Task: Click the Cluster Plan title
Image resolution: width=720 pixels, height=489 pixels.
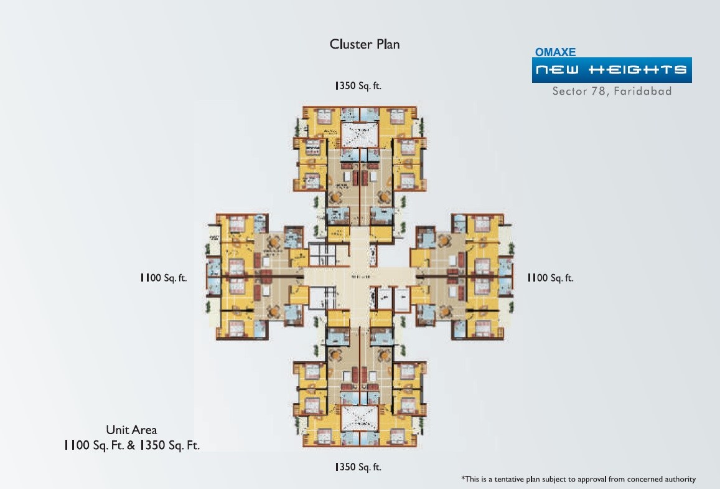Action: [364, 44]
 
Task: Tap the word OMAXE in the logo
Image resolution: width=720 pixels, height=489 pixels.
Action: [556, 53]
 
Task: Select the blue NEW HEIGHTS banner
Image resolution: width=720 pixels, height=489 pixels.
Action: [612, 70]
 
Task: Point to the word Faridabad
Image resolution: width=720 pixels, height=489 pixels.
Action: [643, 91]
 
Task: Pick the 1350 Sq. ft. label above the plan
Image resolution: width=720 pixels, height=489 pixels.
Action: [358, 86]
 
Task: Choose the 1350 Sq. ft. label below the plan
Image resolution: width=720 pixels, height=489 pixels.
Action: [358, 466]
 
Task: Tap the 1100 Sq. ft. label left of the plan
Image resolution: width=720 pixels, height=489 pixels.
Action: [164, 278]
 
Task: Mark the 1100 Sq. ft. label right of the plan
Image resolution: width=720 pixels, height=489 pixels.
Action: [550, 278]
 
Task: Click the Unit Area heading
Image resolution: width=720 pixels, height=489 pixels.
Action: [131, 430]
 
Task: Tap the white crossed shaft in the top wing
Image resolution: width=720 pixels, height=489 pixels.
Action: [359, 135]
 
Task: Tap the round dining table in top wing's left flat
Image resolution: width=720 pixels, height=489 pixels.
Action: [336, 197]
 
